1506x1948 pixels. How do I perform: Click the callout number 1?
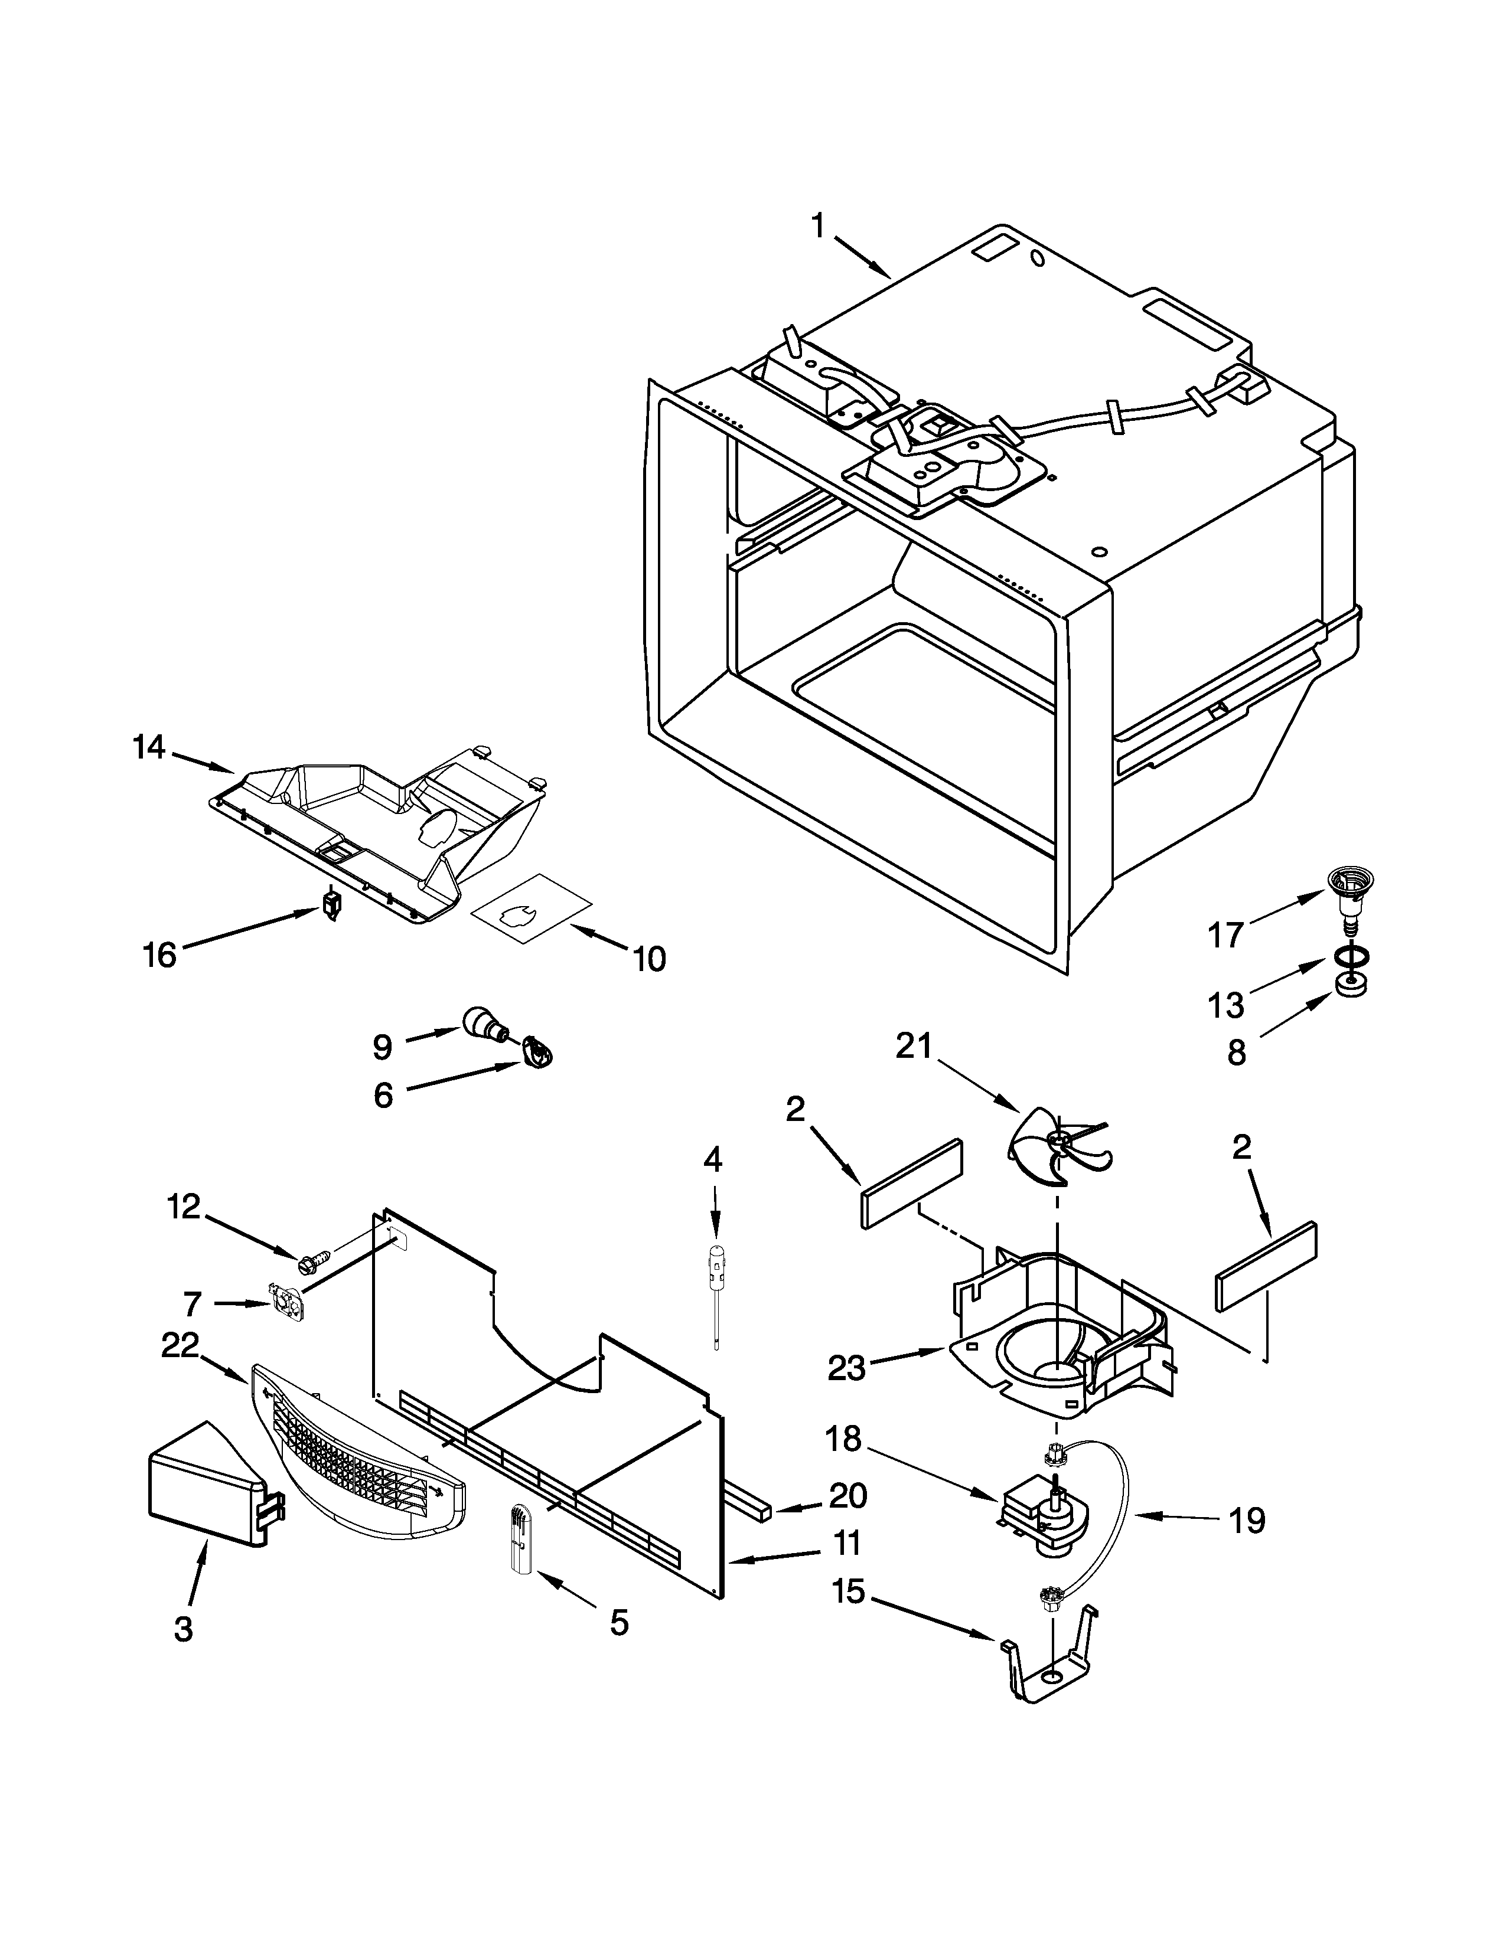817,227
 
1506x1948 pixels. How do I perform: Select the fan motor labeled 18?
1044,1519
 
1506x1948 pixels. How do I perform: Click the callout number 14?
149,747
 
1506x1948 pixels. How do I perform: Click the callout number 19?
1246,1520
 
